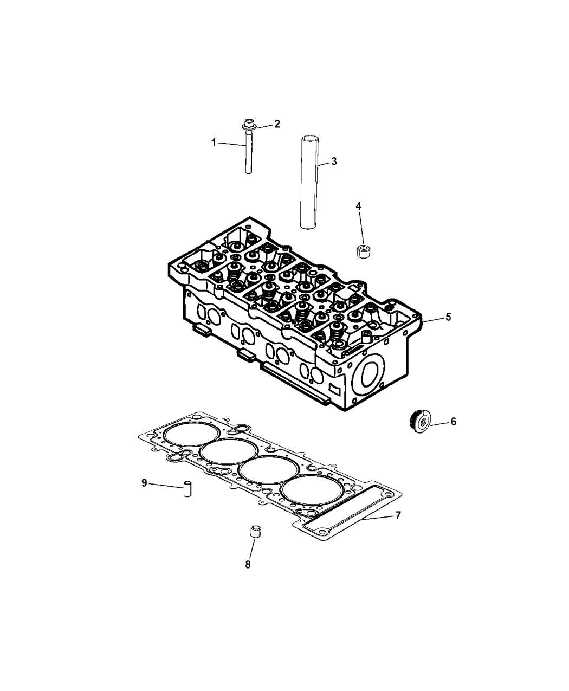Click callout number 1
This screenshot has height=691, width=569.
(214, 143)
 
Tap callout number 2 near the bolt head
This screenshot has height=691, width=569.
(277, 124)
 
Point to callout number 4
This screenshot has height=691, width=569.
(359, 206)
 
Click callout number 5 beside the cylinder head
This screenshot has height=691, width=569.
(448, 317)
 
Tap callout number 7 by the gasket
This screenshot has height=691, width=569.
(398, 515)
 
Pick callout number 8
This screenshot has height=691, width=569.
(248, 565)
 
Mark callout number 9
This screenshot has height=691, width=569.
(144, 483)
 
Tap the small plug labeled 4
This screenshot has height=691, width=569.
(364, 251)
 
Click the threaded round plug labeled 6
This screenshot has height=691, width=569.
(418, 421)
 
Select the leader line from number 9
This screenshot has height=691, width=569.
(166, 486)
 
